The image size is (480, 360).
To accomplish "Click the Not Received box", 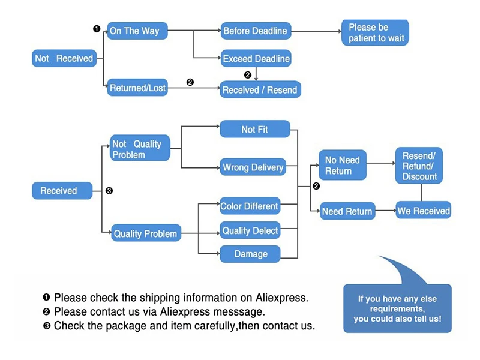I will click(x=64, y=58).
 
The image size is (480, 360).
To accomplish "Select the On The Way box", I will click(x=137, y=31).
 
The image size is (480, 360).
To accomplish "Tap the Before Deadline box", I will click(x=255, y=31).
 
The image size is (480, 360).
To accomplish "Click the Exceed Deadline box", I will click(x=256, y=59).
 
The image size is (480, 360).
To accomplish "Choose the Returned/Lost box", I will click(x=137, y=88).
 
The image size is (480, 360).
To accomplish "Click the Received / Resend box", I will click(x=259, y=90).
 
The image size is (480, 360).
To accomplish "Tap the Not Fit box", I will click(x=255, y=130).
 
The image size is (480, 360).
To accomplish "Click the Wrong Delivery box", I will click(x=253, y=167).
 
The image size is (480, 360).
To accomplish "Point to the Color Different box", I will click(x=250, y=206).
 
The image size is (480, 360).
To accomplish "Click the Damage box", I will click(x=250, y=254).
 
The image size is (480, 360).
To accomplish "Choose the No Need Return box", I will click(x=342, y=165).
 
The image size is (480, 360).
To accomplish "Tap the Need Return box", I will click(x=347, y=211).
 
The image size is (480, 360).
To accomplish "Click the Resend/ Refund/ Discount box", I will click(x=419, y=165).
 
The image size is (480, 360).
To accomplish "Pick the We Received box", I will click(x=423, y=211).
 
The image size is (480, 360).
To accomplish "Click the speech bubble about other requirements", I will click(x=397, y=308).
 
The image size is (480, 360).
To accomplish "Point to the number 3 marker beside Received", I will click(x=109, y=191).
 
